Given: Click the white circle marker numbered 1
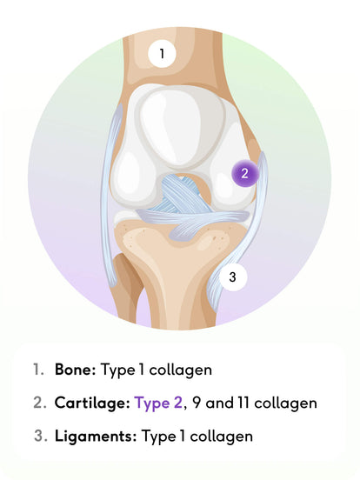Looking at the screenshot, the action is coord(162,54).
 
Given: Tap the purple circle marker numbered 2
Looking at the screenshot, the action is coord(244,173).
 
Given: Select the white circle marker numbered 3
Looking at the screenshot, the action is coord(233,277).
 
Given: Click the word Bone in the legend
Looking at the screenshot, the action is coord(76,370).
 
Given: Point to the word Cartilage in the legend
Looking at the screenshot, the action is coord(92,403).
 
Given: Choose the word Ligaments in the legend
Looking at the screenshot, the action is coord(96,436).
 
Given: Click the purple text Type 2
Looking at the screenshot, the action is coord(158,403).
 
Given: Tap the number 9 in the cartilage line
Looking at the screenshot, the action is coord(197,403).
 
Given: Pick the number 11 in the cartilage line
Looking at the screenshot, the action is coord(243,403).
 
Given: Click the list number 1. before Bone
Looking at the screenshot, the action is coord(38,370).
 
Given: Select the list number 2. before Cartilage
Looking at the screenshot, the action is coord(40,403).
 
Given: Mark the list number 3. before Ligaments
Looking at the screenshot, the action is coord(41,436).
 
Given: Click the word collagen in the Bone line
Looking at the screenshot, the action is coord(181,370).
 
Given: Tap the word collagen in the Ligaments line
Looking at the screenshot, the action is coord(222,437).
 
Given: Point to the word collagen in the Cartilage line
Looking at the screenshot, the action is coord(285,403).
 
